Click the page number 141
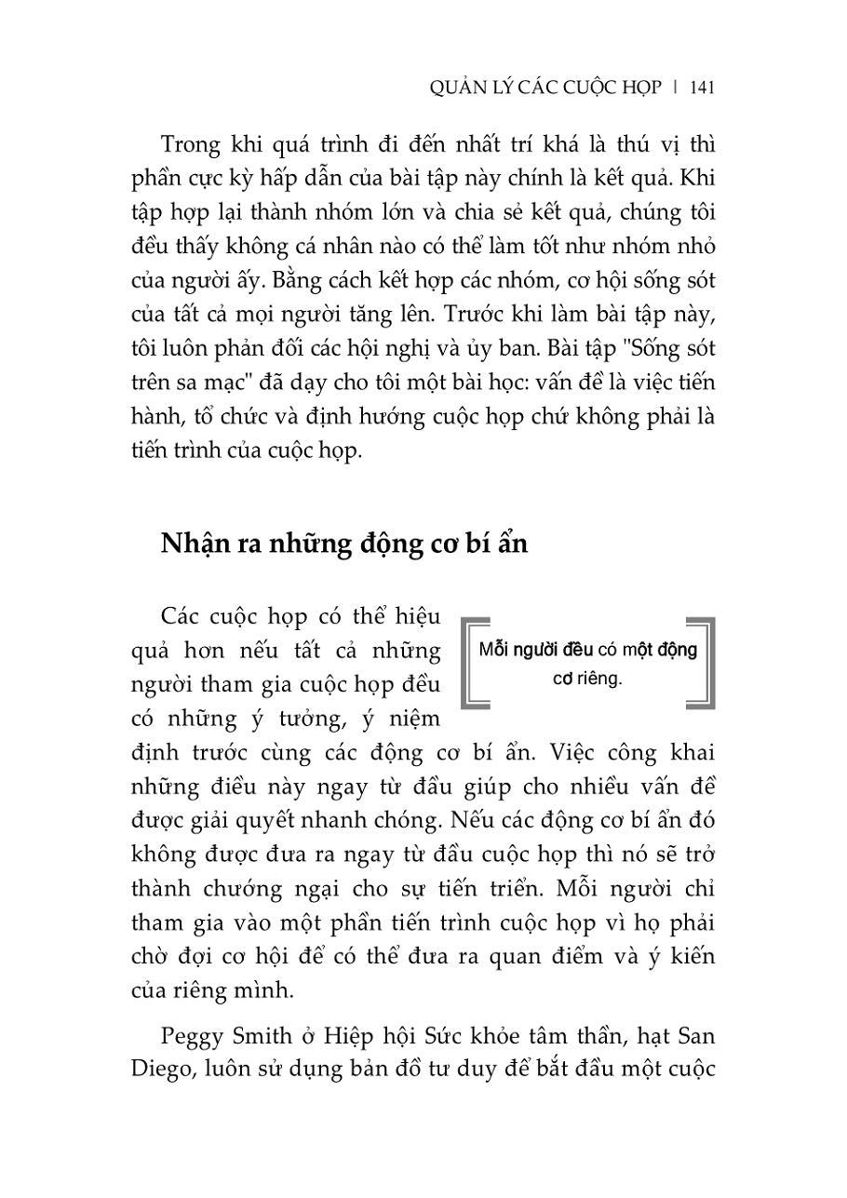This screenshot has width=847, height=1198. (x=702, y=87)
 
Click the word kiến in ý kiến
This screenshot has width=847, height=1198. (x=684, y=956)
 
